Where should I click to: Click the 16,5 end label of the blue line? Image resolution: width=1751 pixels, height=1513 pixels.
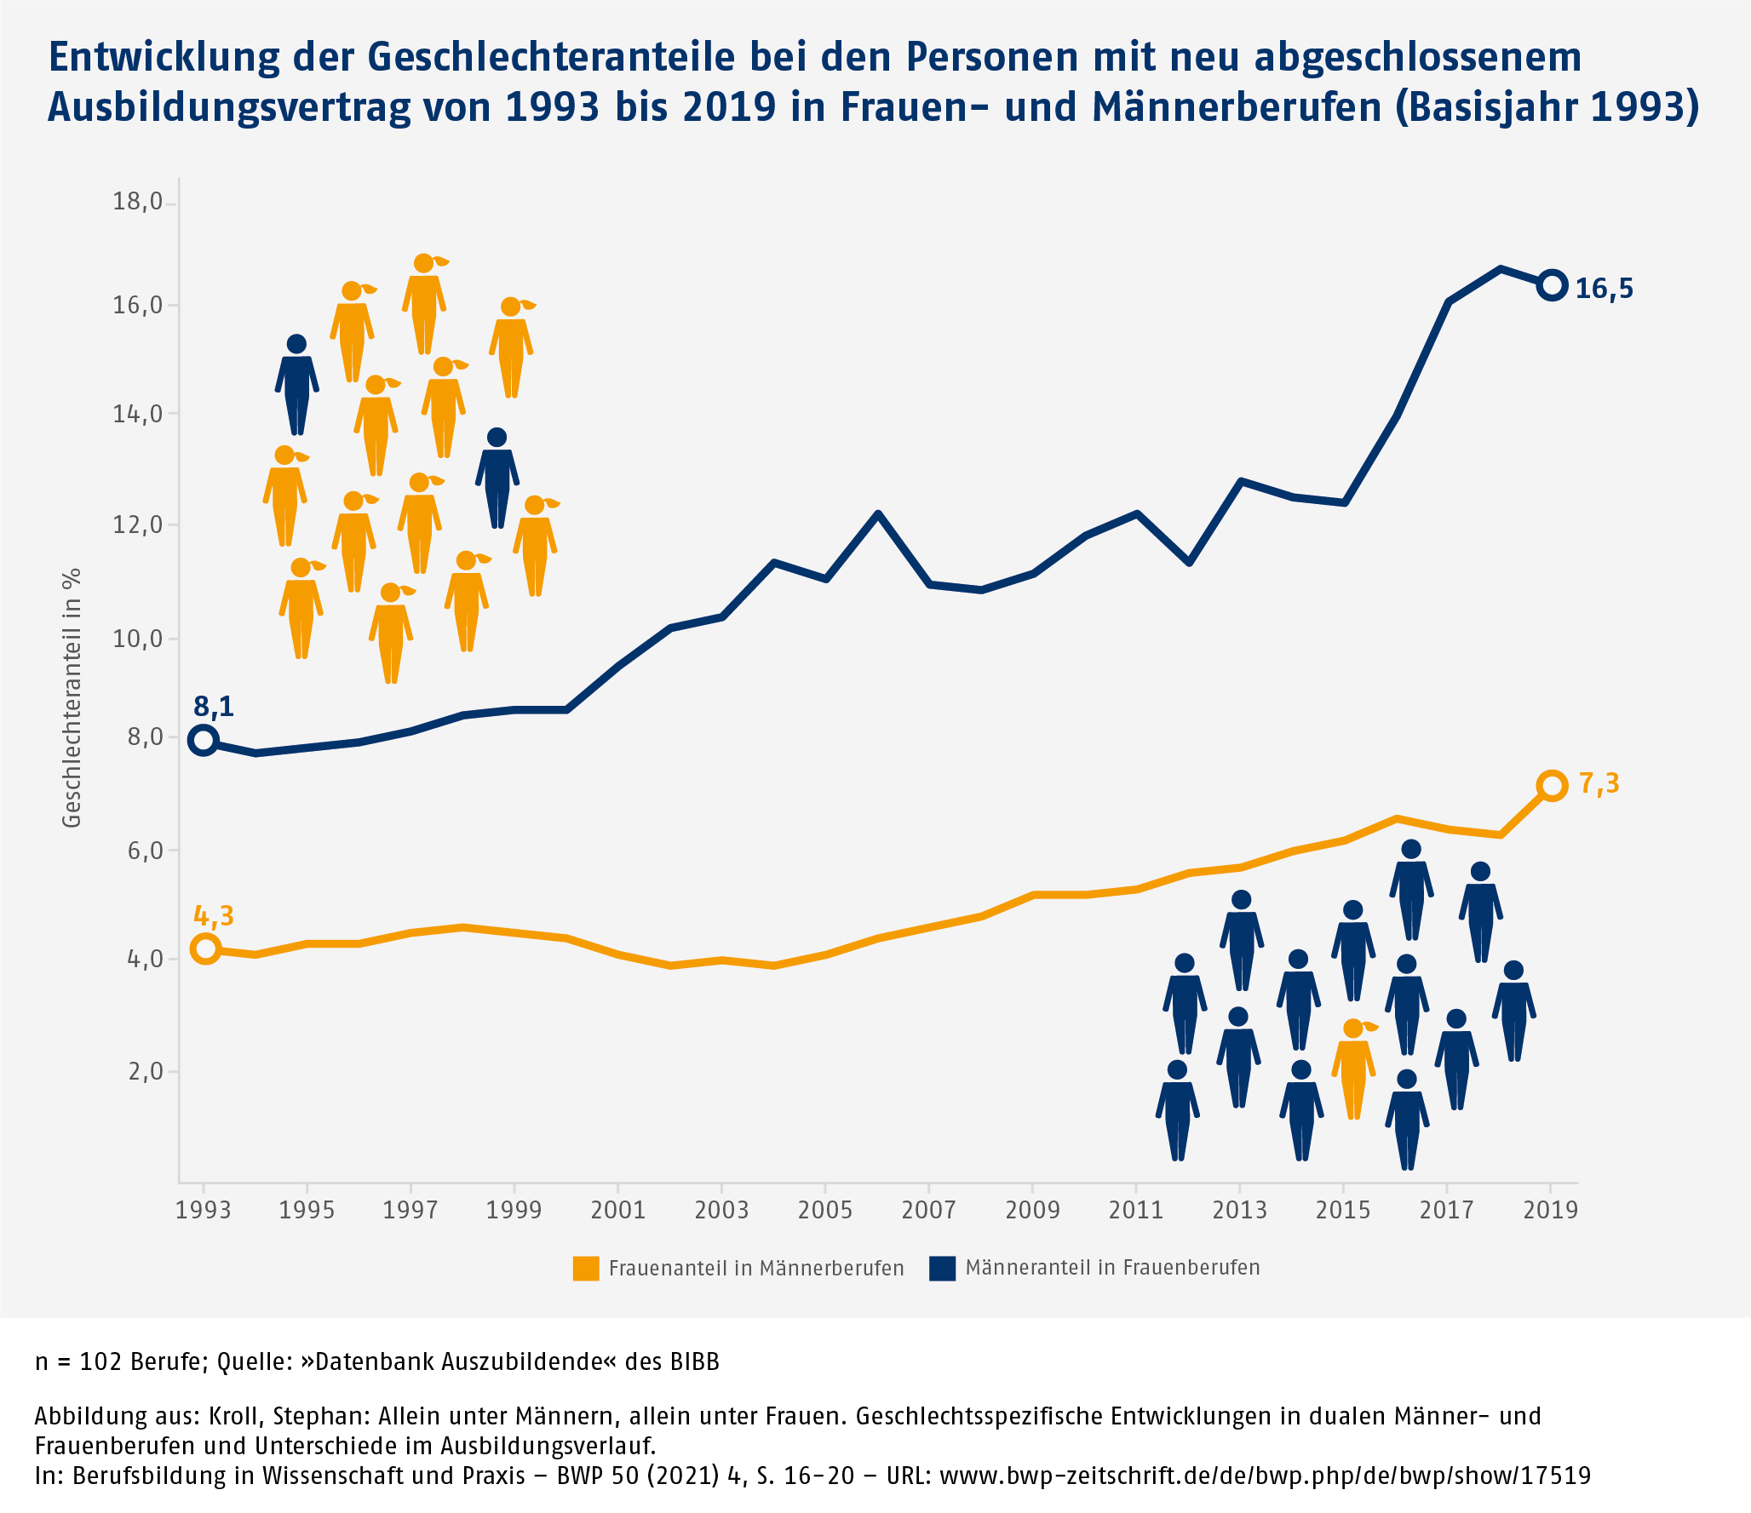point(1604,289)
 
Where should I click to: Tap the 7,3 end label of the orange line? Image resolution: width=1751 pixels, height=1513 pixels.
point(1599,783)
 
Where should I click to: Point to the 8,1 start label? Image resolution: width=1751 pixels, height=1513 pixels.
point(213,707)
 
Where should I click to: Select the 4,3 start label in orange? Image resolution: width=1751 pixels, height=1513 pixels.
point(213,916)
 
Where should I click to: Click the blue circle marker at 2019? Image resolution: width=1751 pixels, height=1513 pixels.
point(1552,286)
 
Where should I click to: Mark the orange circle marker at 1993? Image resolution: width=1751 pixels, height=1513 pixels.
point(205,948)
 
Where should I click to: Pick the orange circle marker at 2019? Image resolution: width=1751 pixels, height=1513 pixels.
point(1552,786)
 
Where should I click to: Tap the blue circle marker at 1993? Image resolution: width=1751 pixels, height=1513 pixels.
point(204,740)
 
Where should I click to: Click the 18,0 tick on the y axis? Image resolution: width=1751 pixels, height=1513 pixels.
point(138,203)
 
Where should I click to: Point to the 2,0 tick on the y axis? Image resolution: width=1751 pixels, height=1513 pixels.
point(146,1071)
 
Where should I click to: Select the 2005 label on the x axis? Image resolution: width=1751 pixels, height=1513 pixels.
point(824,1210)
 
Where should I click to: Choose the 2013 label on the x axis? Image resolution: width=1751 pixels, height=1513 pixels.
point(1239,1210)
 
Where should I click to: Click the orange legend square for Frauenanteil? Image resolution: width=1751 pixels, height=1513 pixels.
point(586,1269)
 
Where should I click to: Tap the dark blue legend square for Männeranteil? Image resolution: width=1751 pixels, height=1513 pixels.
point(942,1269)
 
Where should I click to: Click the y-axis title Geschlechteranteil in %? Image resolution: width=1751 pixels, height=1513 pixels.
point(72,697)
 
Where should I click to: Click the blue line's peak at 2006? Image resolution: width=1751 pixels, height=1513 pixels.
point(877,514)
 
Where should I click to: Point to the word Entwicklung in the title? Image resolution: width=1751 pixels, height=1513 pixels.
point(164,58)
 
